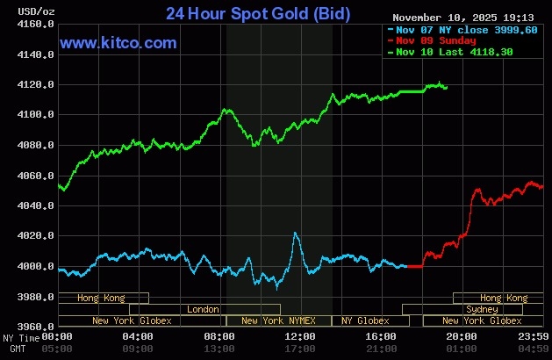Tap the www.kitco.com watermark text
click(x=118, y=43)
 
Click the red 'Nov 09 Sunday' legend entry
click(x=435, y=40)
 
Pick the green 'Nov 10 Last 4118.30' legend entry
click(x=454, y=52)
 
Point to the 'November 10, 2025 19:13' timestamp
click(x=462, y=17)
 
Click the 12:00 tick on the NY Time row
click(x=300, y=337)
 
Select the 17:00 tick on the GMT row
click(x=300, y=349)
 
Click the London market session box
click(x=204, y=309)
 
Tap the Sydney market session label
click(x=482, y=309)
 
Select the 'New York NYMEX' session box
click(x=279, y=320)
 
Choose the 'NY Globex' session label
click(x=365, y=320)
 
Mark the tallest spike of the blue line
click(x=295, y=233)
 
